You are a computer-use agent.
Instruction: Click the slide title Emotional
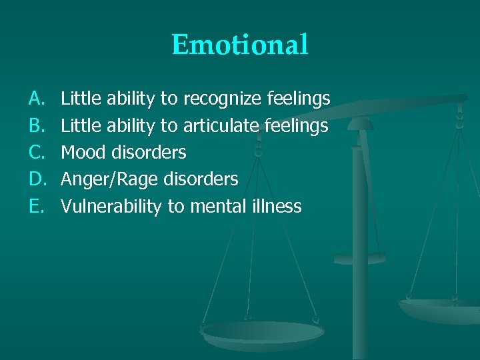(x=240, y=45)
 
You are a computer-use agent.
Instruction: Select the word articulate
(x=219, y=126)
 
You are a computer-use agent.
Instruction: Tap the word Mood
(x=83, y=153)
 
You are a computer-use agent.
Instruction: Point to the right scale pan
(x=440, y=308)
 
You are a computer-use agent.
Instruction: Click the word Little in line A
(x=79, y=99)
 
